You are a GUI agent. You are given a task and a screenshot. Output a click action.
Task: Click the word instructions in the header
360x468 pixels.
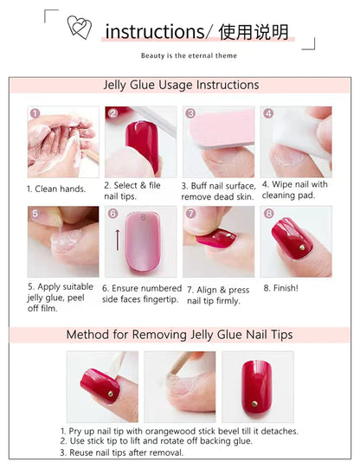point(154,33)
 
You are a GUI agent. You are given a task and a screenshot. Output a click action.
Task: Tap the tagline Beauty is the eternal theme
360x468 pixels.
point(189,55)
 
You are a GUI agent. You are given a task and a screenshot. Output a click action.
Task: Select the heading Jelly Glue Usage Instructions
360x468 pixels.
point(181,85)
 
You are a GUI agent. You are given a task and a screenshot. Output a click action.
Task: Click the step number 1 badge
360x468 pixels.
point(35,113)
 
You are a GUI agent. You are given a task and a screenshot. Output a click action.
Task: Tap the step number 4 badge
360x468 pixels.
point(268,113)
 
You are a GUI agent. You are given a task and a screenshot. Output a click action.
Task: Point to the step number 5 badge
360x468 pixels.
point(35,213)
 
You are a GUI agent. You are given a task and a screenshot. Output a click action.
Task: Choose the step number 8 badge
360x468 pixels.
point(268,213)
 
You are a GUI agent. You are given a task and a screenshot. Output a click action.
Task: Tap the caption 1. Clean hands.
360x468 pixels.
point(54,189)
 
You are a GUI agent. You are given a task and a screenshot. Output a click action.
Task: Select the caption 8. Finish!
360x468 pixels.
point(281,288)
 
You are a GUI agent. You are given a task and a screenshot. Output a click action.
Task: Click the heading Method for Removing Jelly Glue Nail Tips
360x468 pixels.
point(180,335)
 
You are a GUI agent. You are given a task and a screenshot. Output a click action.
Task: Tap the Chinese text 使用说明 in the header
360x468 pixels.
point(254,33)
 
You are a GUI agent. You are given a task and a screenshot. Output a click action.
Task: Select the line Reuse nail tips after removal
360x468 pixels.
point(121,452)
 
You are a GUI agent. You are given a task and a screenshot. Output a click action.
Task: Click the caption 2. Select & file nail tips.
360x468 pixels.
point(132,190)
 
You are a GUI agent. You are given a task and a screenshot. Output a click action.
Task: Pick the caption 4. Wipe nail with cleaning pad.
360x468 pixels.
point(295,190)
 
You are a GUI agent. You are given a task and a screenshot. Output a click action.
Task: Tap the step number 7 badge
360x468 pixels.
point(190,213)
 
